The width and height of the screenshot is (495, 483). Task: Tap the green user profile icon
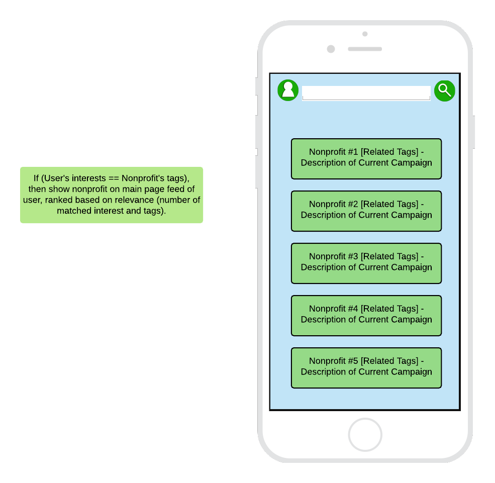coord(288,90)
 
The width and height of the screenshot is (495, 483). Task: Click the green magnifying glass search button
coord(444,91)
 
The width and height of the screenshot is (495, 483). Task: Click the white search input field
coord(366,93)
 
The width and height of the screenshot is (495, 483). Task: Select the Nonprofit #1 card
coord(366,159)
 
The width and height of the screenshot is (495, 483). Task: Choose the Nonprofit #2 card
coord(366,211)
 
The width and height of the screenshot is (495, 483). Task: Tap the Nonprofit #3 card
coord(366,263)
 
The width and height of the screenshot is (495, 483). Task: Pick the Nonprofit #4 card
coord(366,316)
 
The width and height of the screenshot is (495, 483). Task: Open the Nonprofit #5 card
coord(366,368)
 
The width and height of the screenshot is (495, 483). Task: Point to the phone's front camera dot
coord(331,49)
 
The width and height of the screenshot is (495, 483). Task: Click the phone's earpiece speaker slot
coord(365,49)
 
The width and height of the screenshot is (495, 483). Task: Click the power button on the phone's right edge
coord(473,132)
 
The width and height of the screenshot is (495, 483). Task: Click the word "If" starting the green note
coord(36,178)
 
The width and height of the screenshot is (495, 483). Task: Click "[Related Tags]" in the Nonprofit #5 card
coord(389,361)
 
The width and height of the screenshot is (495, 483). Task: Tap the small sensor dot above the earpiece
coord(365,34)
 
